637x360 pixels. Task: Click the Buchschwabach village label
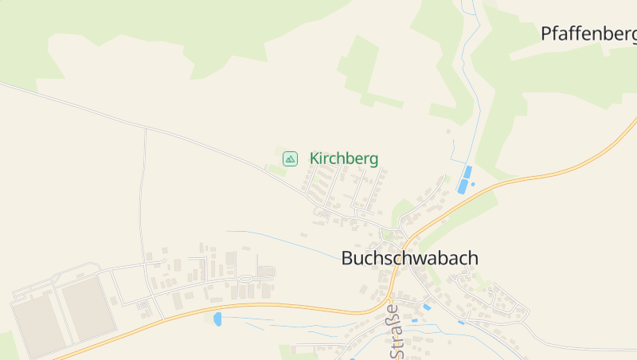(x=409, y=258)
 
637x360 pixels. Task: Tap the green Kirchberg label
(x=343, y=158)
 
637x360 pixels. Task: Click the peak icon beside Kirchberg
(x=291, y=158)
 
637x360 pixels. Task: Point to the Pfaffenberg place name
(x=588, y=33)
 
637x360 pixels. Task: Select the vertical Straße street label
(x=391, y=331)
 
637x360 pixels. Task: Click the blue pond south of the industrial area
(x=217, y=319)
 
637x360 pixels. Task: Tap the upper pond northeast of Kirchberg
(x=468, y=172)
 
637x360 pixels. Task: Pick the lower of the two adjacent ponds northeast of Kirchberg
(x=463, y=186)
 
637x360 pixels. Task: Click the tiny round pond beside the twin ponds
(x=473, y=185)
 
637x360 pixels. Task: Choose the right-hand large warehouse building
(x=88, y=305)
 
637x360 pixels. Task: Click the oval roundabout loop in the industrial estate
(x=245, y=279)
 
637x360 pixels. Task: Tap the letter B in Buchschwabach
(x=347, y=259)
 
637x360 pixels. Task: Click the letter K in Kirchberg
(x=315, y=158)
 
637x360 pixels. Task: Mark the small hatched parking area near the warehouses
(x=143, y=304)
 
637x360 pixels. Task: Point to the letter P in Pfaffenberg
(x=546, y=33)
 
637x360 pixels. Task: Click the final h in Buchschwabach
(x=473, y=258)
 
